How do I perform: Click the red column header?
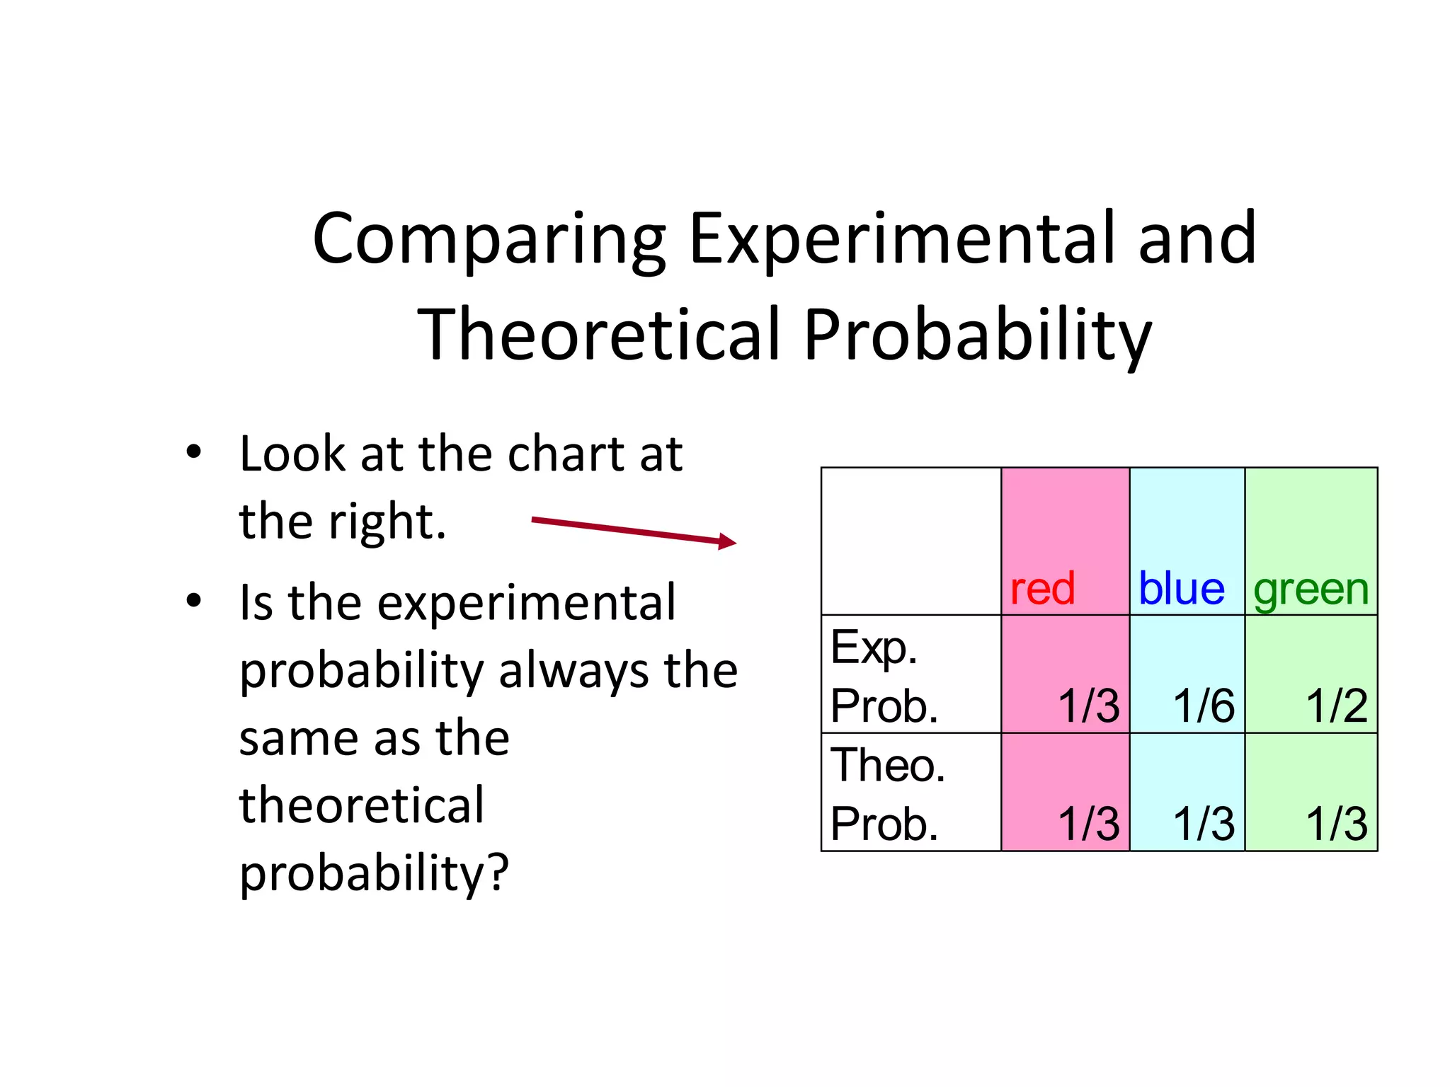click(x=1042, y=588)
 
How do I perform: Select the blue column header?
click(x=1181, y=588)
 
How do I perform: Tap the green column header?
click(x=1311, y=589)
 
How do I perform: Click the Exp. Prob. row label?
click(x=884, y=676)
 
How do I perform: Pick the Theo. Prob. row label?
click(x=887, y=794)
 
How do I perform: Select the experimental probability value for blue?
click(x=1204, y=706)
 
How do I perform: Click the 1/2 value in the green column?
click(x=1336, y=706)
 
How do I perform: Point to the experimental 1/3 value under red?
click(x=1088, y=706)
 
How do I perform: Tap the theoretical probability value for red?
click(x=1088, y=824)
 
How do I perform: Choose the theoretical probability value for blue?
click(x=1204, y=824)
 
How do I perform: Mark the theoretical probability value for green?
click(x=1336, y=824)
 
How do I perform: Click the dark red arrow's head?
click(x=729, y=542)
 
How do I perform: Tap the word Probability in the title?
click(x=977, y=335)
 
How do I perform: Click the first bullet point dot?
click(x=193, y=452)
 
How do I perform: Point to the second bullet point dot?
click(x=193, y=601)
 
